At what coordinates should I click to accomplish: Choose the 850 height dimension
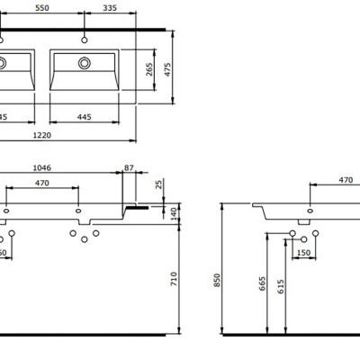coord(216,279)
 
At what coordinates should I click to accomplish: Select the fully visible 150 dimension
coord(303,253)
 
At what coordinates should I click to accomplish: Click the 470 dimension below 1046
coord(41,183)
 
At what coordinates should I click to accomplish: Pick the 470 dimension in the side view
coord(345,180)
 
